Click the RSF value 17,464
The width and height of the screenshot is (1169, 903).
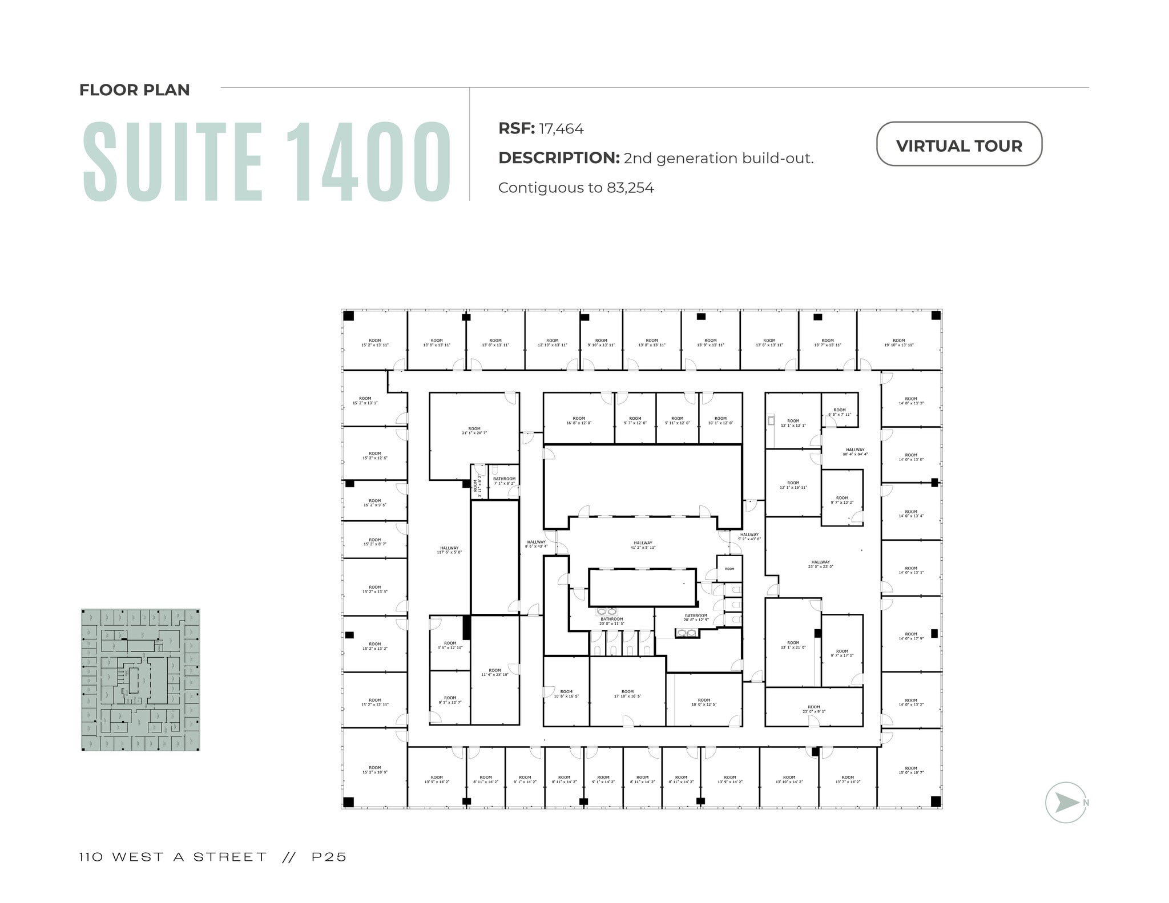point(561,129)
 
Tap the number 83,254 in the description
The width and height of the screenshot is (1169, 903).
point(630,188)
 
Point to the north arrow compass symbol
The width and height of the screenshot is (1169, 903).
point(1065,802)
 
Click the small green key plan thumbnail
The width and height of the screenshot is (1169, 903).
point(140,679)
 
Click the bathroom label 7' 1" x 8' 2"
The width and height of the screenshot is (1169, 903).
point(504,481)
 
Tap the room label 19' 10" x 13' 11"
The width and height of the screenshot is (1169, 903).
point(898,343)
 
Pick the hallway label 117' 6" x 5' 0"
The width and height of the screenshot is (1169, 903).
point(449,550)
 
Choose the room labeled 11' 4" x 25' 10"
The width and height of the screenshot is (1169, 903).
point(495,673)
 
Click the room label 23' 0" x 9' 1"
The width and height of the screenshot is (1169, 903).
point(813,709)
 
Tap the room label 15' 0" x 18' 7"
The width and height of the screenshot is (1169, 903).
point(911,770)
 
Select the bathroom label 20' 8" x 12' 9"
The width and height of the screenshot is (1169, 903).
point(696,617)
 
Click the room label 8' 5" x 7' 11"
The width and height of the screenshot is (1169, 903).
point(839,412)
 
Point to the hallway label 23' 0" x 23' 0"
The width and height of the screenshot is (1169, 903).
point(820,564)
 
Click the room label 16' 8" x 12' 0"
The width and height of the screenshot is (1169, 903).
point(579,420)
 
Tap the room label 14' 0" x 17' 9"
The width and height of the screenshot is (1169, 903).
point(911,636)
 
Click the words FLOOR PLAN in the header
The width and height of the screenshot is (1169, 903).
point(135,90)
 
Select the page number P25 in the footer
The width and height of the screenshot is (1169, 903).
point(329,857)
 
